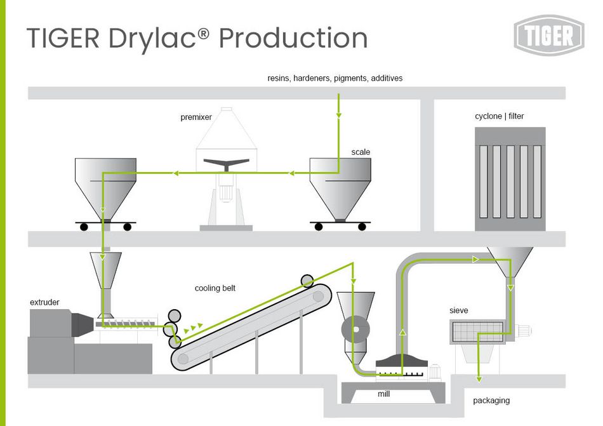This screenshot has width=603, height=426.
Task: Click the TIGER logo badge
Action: point(548,35)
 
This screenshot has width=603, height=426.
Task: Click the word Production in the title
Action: point(293,38)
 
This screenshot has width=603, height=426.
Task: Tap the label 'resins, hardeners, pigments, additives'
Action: point(335,78)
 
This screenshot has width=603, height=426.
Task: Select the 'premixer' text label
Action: point(196,117)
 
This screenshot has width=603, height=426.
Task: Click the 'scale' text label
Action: point(361,152)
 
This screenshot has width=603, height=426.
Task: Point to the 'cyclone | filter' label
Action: point(500,116)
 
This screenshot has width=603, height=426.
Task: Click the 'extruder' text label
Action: point(44,302)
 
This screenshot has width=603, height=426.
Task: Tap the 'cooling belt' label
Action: point(215,288)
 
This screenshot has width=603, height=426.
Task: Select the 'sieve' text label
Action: point(459,310)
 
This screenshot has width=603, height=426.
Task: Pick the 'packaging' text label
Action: point(491,401)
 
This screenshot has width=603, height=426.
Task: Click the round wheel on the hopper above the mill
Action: point(356,330)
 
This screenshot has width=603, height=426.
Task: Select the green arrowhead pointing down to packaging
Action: point(478,379)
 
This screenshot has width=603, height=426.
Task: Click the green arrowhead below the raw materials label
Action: point(338,116)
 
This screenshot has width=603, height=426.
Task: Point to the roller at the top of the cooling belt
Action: point(307,280)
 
